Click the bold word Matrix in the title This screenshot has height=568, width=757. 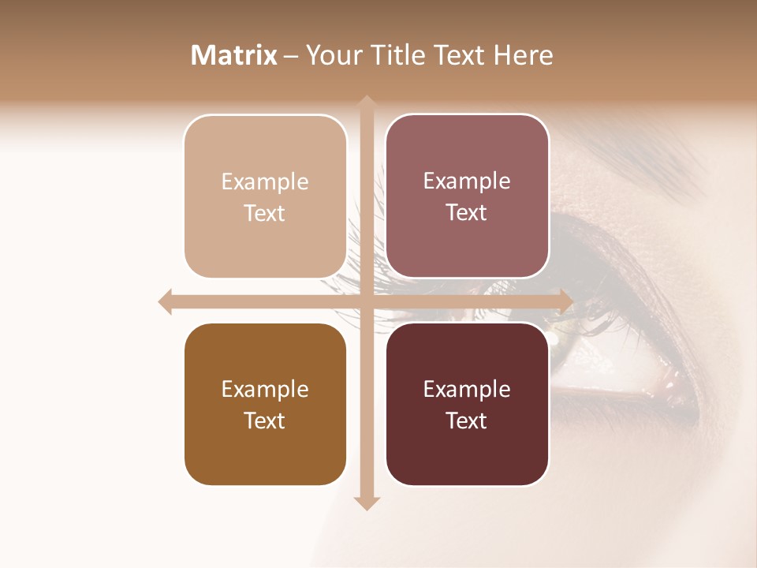(x=234, y=55)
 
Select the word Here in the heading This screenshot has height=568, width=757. (x=524, y=55)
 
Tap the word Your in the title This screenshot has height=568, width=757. (x=330, y=55)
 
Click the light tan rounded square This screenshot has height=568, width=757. (x=265, y=196)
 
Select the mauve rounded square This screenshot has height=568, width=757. (x=467, y=196)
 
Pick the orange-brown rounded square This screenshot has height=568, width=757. (x=265, y=404)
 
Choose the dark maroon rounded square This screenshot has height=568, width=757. (x=467, y=404)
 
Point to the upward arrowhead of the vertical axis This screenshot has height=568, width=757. (x=367, y=102)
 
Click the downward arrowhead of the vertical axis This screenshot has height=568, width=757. (x=367, y=503)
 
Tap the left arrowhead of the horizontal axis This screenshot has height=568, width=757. (x=166, y=301)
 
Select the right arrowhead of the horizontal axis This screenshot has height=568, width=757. (x=566, y=301)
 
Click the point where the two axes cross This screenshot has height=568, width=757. (x=367, y=301)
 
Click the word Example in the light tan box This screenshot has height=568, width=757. (x=265, y=181)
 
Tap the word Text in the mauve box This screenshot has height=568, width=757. (x=467, y=213)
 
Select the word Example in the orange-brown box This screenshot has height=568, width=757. (x=265, y=389)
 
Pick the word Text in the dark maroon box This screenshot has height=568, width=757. (x=467, y=420)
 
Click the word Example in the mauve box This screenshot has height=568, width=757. (x=467, y=181)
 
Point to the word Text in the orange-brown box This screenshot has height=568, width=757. (x=265, y=420)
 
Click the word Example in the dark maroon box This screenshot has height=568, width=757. (x=467, y=389)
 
